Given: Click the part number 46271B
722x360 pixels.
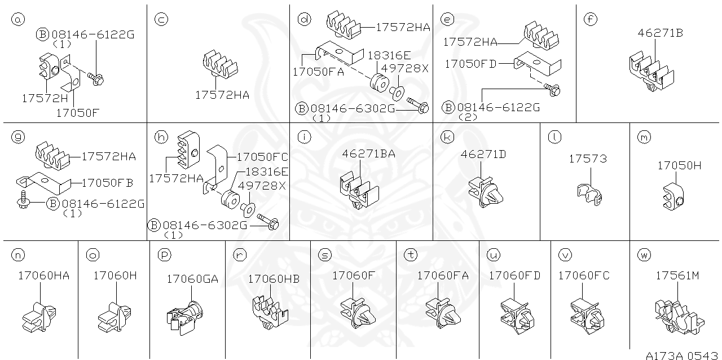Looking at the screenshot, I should coord(661,33).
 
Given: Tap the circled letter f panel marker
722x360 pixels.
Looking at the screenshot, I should coord(590,20).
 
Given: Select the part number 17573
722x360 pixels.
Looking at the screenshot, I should coord(588,159).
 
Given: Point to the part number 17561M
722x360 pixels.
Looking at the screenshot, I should coord(677,276).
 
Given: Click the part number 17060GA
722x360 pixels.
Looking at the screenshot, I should coord(192,279).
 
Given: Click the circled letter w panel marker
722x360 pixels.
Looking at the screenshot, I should coord(644,255).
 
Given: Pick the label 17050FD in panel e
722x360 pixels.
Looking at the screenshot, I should coord(470,64).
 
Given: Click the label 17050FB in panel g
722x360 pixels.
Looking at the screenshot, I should coord(107,183).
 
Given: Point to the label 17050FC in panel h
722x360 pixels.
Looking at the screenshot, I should coord(262,157).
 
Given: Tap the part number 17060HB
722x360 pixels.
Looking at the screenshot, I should coord(274,279).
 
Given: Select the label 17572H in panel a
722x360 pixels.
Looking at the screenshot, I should coord(45,98).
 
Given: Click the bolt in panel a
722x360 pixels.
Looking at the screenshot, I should coord(95,80).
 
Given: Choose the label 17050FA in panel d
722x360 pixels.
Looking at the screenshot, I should coord(318,72).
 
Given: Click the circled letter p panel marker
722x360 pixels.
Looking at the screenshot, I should coord(164,255).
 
